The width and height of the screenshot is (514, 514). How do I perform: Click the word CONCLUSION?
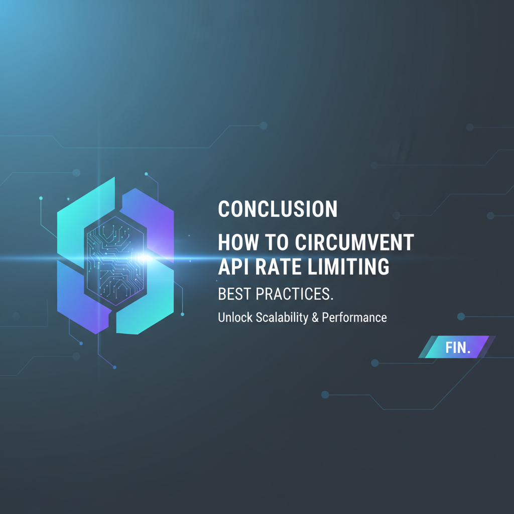[x=278, y=209]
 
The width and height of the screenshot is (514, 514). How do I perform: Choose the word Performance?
[x=355, y=318]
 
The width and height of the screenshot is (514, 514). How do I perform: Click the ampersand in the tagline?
[x=316, y=318]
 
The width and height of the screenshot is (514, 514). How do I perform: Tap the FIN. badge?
[x=457, y=347]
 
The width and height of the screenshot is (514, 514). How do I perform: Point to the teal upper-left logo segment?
[x=80, y=221]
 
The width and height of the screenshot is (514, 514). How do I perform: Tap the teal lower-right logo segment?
[x=151, y=309]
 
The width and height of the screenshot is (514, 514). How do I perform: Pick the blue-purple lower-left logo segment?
[x=80, y=301]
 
